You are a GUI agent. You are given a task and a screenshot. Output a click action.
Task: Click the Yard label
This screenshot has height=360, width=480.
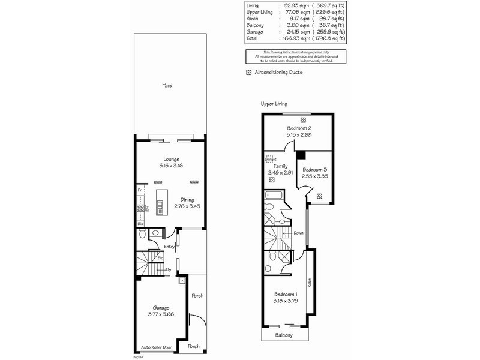click(167, 86)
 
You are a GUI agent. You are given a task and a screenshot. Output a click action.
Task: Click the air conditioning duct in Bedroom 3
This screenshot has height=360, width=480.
click(319, 195)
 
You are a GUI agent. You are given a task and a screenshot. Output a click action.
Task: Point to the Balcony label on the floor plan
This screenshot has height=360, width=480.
click(284, 335)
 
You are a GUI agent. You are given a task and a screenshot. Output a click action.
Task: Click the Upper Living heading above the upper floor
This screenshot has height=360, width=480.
click(274, 103)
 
